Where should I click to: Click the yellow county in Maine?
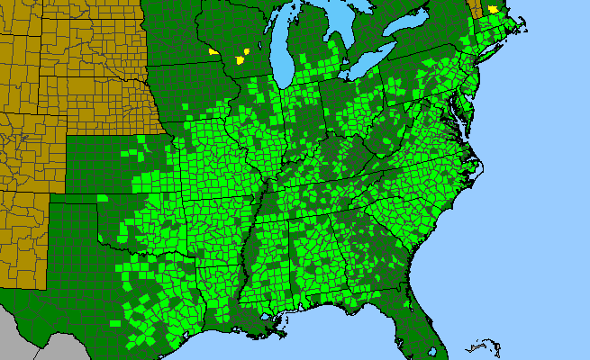tap(494, 10)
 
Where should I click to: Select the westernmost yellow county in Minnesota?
tap(213, 52)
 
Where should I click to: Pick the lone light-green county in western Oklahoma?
tap(103, 199)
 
